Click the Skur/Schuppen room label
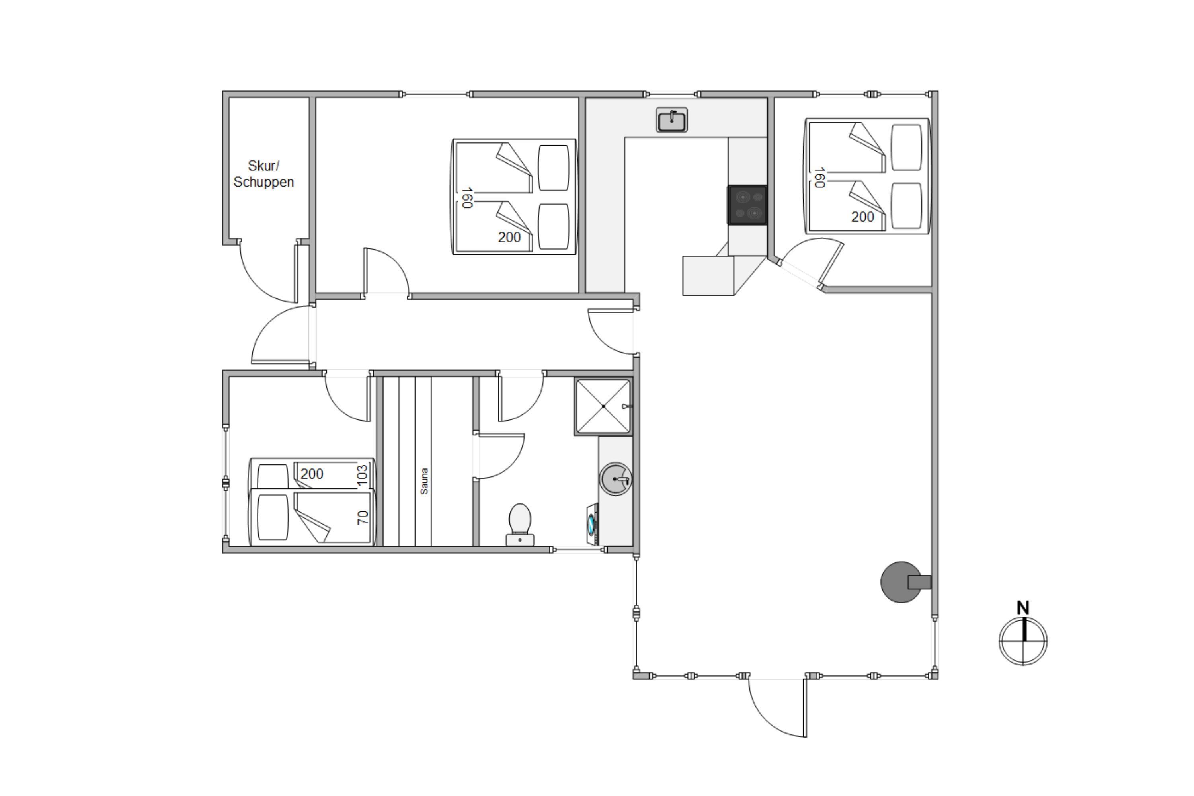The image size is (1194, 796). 263,174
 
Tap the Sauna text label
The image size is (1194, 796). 424,481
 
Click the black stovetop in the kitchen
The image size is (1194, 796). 747,205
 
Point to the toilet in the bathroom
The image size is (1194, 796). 520,525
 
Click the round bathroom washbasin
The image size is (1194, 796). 616,479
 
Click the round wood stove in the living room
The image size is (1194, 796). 901,582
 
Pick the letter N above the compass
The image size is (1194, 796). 1023,608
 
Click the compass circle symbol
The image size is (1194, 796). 1023,641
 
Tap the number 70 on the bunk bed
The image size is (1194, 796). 363,518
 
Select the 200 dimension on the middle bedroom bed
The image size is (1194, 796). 509,237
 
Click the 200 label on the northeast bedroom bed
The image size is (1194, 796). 862,217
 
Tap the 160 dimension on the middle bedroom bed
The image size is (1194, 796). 467,198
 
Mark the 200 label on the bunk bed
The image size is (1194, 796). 312,474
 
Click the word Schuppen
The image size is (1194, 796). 263,182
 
